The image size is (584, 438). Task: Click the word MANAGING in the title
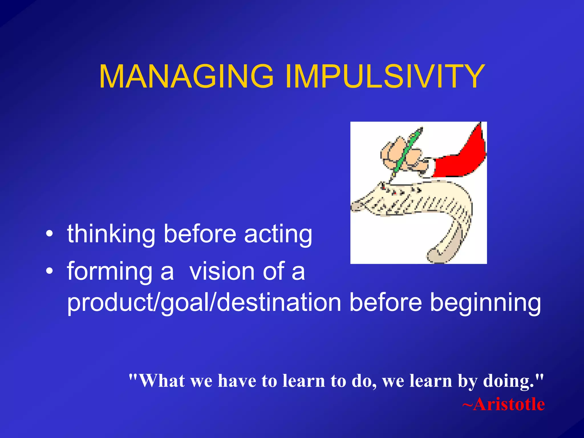pyautogui.click(x=186, y=76)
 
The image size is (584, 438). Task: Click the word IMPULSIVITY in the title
pyautogui.click(x=385, y=76)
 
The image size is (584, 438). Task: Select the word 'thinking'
pyautogui.click(x=111, y=234)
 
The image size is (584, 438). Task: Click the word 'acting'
pyautogui.click(x=278, y=234)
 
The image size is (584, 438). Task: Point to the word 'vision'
pyautogui.click(x=222, y=271)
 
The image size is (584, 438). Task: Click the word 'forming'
pyautogui.click(x=110, y=272)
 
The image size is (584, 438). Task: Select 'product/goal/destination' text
pyautogui.click(x=204, y=303)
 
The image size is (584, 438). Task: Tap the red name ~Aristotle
pyautogui.click(x=503, y=404)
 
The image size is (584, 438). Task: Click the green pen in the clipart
pyautogui.click(x=406, y=153)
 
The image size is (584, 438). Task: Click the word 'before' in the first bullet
pyautogui.click(x=200, y=234)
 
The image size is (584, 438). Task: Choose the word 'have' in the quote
pyautogui.click(x=237, y=381)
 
